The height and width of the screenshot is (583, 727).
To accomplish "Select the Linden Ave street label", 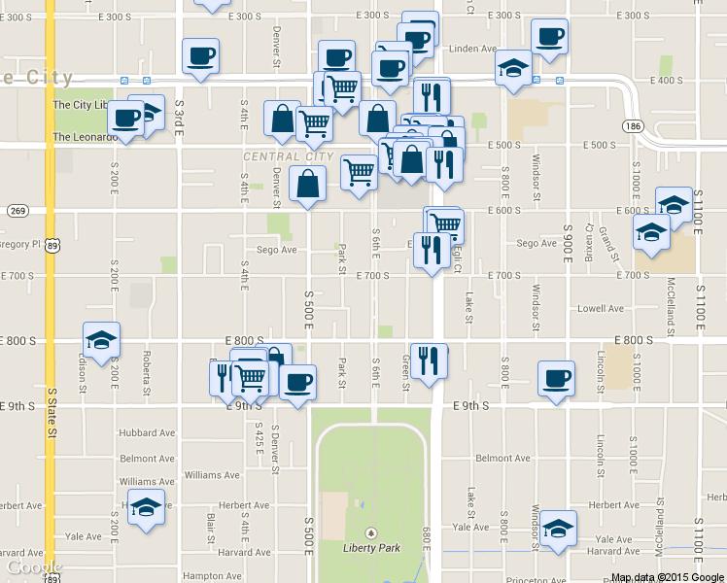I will coord(474,49).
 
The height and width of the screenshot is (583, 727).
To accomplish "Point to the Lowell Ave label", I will coord(601,309).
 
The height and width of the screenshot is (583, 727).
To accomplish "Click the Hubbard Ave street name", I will coord(146,432).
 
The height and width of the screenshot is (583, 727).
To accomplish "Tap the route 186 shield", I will coord(634,126).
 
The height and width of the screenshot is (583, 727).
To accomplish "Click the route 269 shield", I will coord(17,211).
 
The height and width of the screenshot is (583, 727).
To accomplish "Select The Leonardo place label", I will coord(86,137).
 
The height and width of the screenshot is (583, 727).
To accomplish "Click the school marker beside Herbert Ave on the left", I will coord(147,507).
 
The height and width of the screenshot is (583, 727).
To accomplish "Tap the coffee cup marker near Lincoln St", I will coord(556,379).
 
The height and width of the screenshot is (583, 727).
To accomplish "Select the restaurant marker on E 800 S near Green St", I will coord(429,361).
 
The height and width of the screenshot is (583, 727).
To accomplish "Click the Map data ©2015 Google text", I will coord(668,577).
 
